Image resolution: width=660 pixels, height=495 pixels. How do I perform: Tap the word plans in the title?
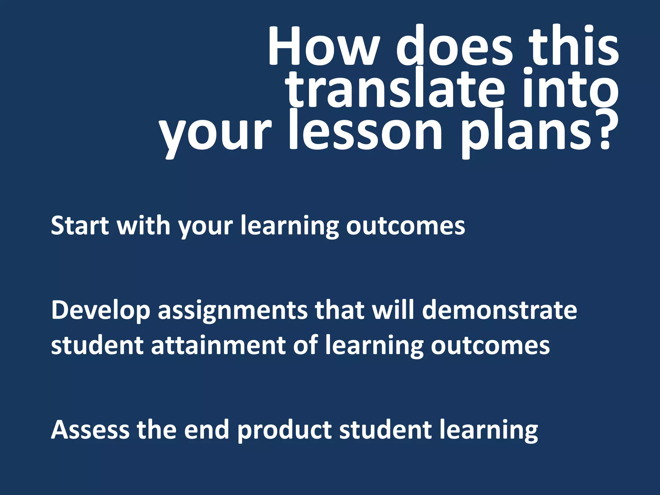pyautogui.click(x=529, y=134)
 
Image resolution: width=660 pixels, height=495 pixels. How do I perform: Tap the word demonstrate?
pyautogui.click(x=500, y=310)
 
